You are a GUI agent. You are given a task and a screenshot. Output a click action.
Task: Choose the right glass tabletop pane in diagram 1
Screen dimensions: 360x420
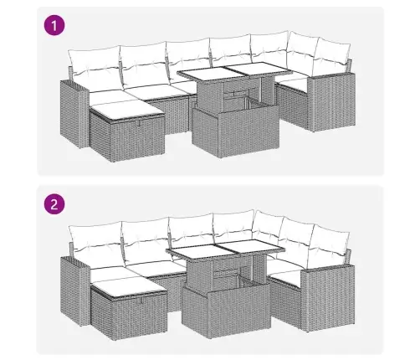point(249,72)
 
